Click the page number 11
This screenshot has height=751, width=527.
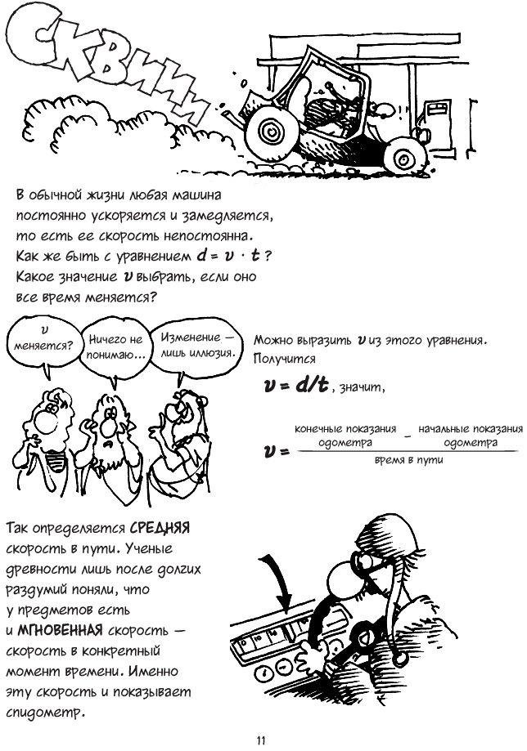click(261, 740)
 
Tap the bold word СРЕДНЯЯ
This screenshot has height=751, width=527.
click(160, 528)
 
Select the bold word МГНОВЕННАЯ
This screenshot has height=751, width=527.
click(60, 630)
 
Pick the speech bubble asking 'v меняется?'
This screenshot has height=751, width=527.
click(43, 343)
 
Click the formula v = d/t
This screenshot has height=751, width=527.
click(296, 385)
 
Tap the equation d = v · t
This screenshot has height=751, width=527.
click(229, 256)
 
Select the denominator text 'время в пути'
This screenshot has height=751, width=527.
click(408, 461)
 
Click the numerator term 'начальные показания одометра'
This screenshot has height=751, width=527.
click(471, 436)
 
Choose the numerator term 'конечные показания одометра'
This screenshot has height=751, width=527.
click(345, 436)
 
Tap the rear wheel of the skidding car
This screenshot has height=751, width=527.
click(405, 155)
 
